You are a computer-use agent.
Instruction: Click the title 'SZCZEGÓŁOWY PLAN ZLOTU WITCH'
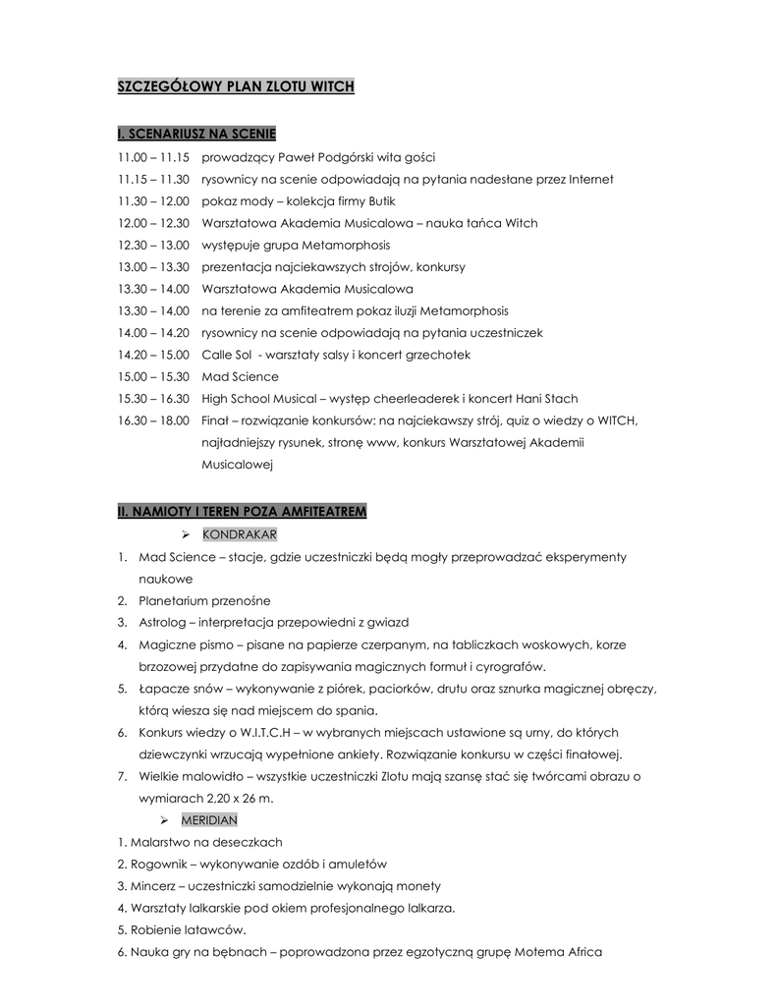[236, 87]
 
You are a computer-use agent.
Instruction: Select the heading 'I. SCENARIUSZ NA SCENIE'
[197, 133]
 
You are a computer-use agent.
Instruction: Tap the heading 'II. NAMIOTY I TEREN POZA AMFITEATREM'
[242, 512]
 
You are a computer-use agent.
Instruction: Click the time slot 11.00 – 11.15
[153, 157]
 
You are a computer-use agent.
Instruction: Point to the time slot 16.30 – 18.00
[153, 420]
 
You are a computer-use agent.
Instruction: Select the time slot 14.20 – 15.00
[153, 355]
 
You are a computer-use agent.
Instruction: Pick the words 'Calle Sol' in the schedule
[227, 355]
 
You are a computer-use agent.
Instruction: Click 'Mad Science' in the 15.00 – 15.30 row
[240, 377]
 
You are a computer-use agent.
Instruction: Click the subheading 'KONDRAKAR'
[239, 534]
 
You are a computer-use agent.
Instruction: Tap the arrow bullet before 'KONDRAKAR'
[187, 534]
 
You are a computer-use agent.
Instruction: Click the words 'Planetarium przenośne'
[204, 600]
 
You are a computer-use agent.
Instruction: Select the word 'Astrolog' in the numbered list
[162, 623]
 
